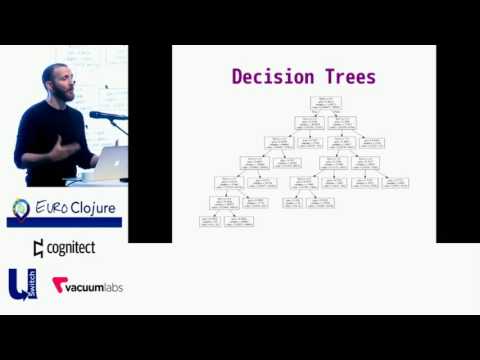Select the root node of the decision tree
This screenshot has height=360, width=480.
tap(326, 103)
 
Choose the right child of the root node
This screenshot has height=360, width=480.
tap(342, 123)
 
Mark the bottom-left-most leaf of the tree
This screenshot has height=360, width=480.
tap(210, 221)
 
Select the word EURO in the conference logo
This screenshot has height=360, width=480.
tap(50, 208)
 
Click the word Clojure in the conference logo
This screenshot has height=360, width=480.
tap(92, 208)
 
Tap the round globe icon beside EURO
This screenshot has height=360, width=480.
tap(21, 209)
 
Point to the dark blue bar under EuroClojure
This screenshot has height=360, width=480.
tap(64, 222)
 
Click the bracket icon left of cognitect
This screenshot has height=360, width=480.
tap(38, 248)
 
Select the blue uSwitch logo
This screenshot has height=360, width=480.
tap(20, 284)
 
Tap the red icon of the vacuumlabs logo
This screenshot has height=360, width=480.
tap(60, 285)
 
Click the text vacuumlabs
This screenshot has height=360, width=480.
tap(97, 285)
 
